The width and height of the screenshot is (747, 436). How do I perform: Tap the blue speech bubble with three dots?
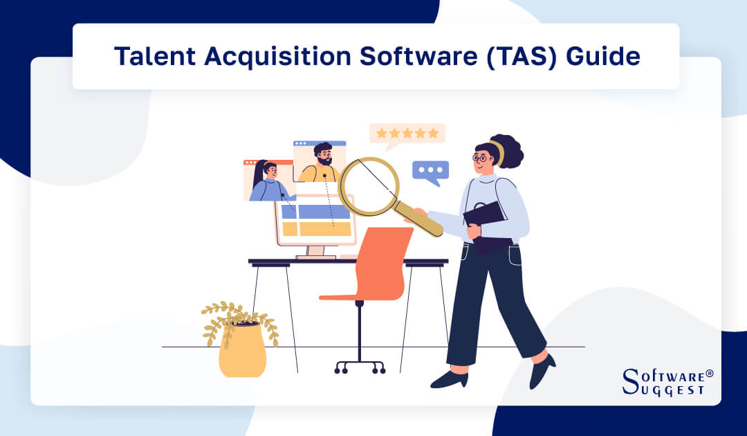(x=430, y=171)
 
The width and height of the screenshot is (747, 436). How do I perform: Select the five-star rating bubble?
(x=407, y=133)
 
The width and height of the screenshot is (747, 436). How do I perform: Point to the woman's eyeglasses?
(x=482, y=158)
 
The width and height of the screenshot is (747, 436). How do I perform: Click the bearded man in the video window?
(x=320, y=163)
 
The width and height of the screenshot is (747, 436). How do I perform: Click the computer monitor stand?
(x=315, y=253)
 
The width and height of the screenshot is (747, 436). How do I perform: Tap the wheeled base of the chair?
(x=360, y=365)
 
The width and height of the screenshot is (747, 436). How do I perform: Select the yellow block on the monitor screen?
(x=316, y=228)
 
